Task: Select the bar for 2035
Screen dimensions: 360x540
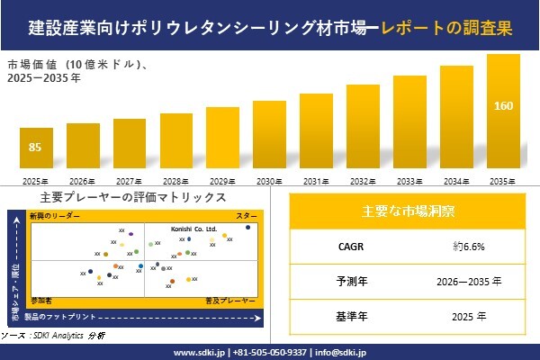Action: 503,112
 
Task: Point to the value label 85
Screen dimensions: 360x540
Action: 35,148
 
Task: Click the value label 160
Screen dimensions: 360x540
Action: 503,106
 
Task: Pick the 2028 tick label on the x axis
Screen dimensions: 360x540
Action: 175,182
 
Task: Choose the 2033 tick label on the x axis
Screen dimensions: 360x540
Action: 409,182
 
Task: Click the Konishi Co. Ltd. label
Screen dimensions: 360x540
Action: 193,230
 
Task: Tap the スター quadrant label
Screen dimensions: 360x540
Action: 247,217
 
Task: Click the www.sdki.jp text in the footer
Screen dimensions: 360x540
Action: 199,352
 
